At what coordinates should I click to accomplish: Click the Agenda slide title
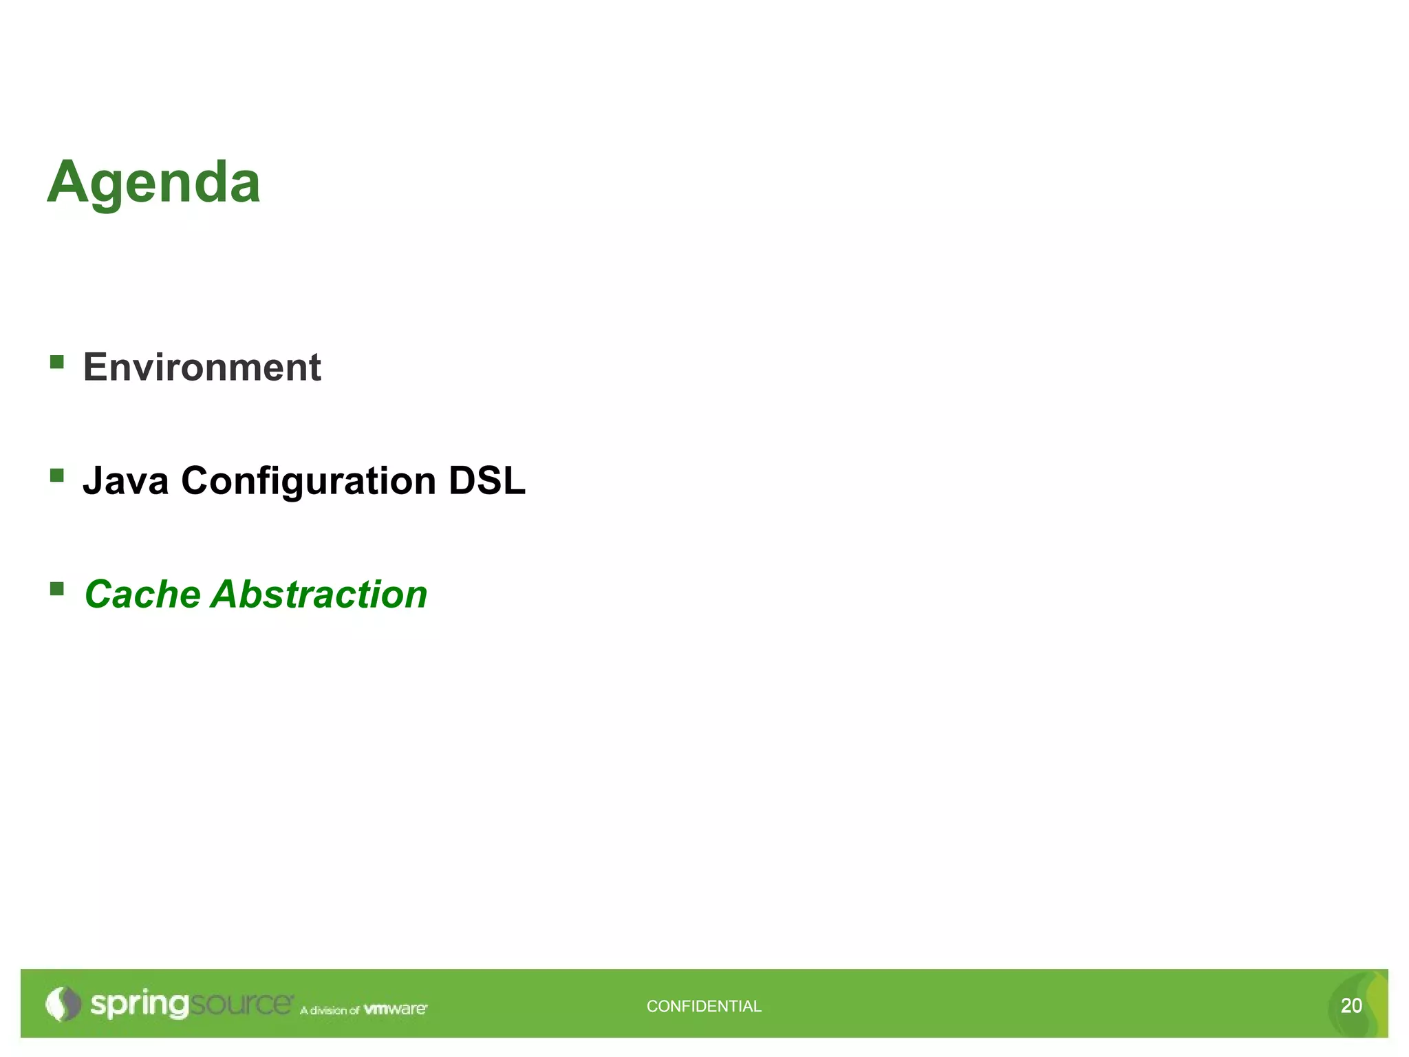[x=154, y=182]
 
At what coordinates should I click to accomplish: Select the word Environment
[x=202, y=367]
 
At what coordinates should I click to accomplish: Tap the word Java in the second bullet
[x=125, y=480]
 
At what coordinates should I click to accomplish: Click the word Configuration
[x=308, y=480]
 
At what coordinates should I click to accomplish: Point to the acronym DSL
[x=486, y=480]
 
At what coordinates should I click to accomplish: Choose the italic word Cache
[x=142, y=594]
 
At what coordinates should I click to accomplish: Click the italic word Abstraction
[x=319, y=594]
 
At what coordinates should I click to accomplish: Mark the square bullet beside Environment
[x=57, y=361]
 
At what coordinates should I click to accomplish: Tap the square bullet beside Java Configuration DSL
[x=57, y=475]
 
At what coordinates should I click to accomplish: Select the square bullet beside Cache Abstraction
[x=57, y=588]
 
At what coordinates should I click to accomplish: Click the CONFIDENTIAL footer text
[x=704, y=1006]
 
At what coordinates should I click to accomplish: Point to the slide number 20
[x=1351, y=1005]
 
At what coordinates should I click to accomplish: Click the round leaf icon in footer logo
[x=63, y=1004]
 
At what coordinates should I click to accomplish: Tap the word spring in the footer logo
[x=139, y=1005]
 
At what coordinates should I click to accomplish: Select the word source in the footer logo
[x=241, y=1003]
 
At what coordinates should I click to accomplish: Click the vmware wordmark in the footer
[x=395, y=1009]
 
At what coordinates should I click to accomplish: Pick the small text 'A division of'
[x=330, y=1010]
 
